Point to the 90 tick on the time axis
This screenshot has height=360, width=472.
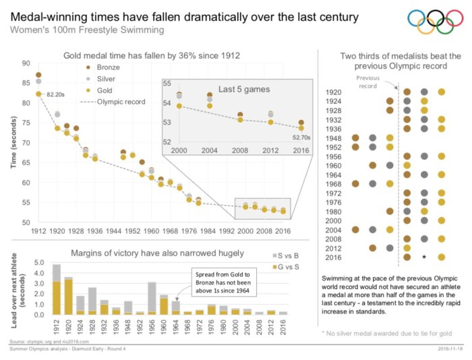26,63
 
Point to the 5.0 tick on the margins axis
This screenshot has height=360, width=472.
38,262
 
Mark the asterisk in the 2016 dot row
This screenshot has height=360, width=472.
424,257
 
